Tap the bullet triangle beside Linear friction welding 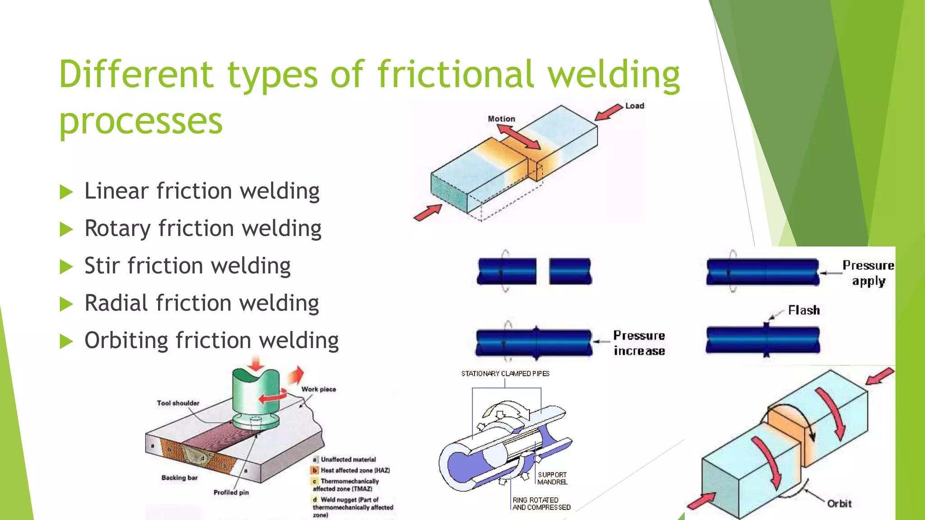click(x=66, y=192)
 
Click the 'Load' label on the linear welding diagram click(x=635, y=106)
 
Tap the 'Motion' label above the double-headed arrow click(x=501, y=119)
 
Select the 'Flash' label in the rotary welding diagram click(x=804, y=311)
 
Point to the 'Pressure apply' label click(x=868, y=273)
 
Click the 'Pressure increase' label click(x=639, y=343)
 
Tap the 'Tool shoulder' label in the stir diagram click(x=178, y=403)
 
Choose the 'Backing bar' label click(x=180, y=478)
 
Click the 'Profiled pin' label click(x=231, y=492)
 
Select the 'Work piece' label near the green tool click(x=319, y=389)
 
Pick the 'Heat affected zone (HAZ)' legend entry click(x=355, y=470)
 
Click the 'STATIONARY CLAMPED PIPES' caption click(x=505, y=374)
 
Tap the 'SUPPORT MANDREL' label click(x=552, y=478)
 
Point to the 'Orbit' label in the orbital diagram click(x=839, y=504)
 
